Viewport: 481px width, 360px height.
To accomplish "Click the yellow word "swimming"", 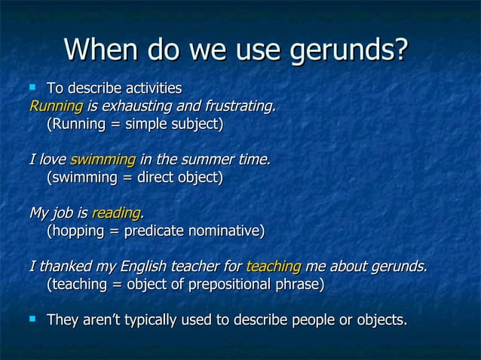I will pos(103,160).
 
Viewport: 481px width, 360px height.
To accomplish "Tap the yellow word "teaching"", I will pos(274,267).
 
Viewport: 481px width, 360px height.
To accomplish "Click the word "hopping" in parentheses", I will pos(79,231).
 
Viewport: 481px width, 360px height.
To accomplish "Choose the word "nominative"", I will pos(225,231).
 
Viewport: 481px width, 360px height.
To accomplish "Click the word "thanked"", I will pos(63,267).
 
